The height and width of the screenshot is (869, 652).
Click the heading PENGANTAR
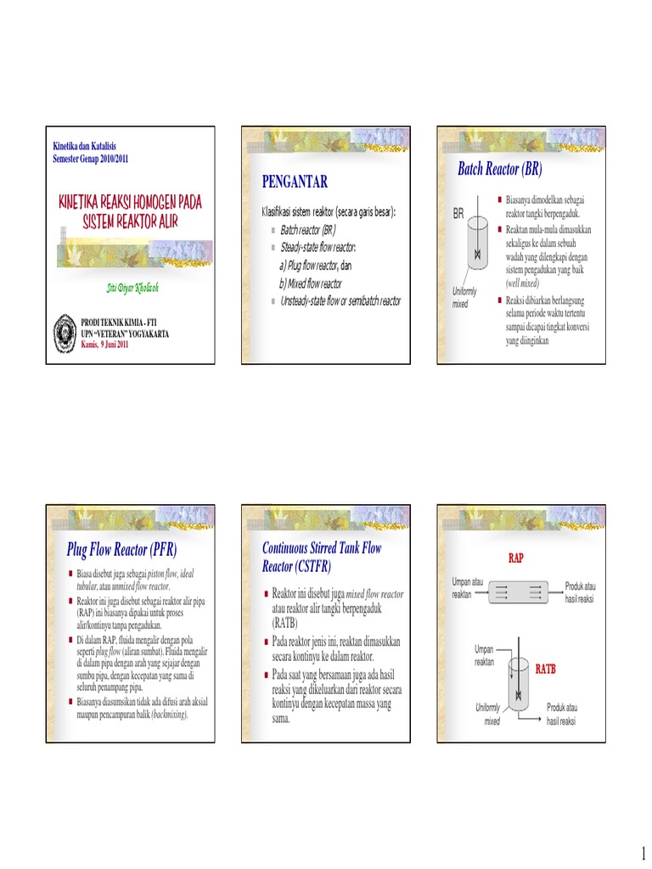(295, 182)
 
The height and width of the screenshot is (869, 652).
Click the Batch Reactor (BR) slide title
(499, 168)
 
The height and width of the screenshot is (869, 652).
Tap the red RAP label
(515, 558)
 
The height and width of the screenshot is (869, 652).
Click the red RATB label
(545, 669)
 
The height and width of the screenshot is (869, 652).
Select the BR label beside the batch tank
(458, 215)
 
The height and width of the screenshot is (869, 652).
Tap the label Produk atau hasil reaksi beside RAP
(580, 592)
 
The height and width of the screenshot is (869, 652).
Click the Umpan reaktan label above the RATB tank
(484, 655)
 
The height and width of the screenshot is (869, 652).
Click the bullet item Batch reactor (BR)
(308, 230)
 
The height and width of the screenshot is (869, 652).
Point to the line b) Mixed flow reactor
(310, 283)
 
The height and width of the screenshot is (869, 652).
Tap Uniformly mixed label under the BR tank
(464, 297)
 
